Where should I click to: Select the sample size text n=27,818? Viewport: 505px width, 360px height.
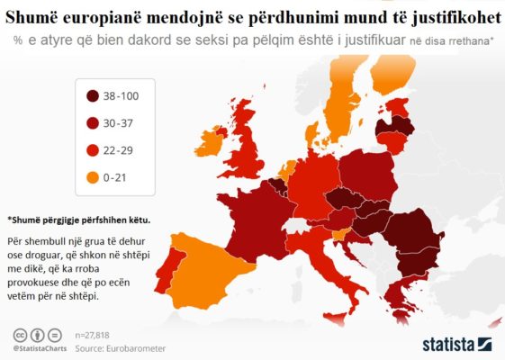pyautogui.click(x=98, y=334)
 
